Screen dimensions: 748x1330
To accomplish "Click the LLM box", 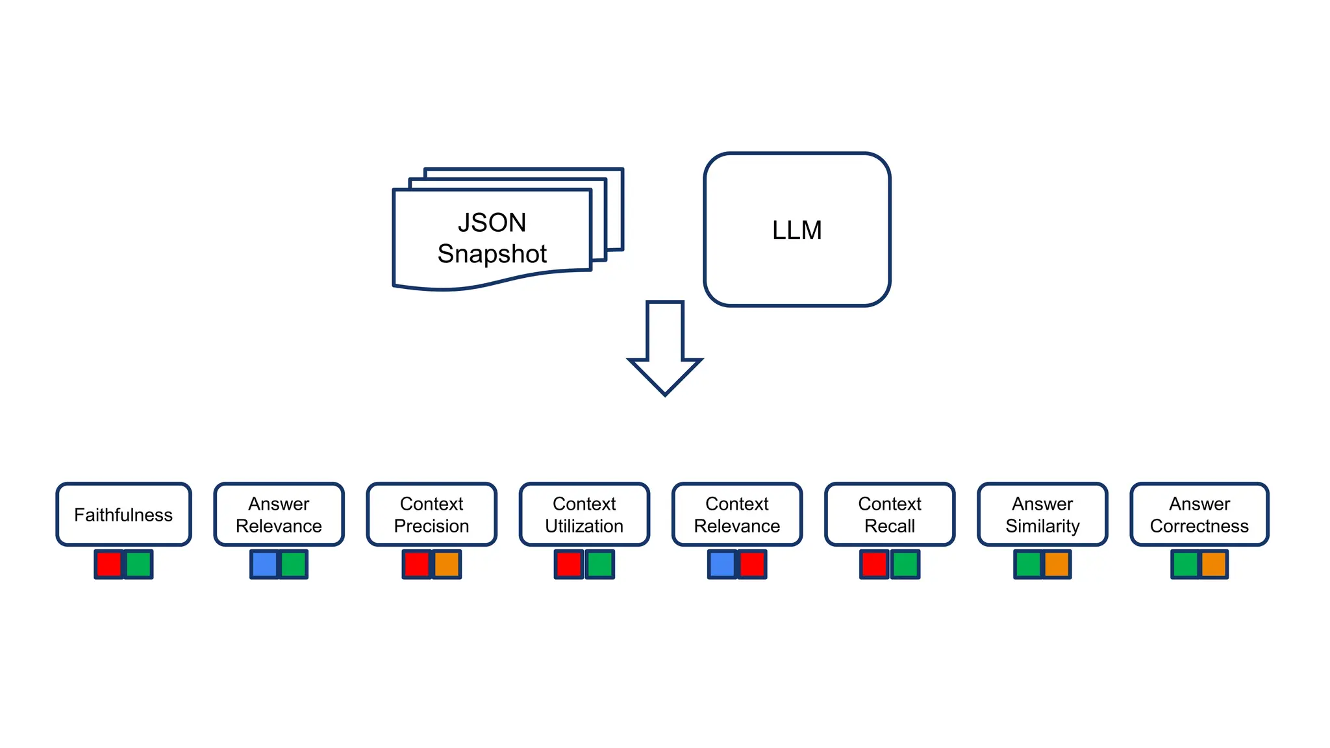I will tap(797, 230).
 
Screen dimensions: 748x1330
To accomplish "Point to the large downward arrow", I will tap(665, 351).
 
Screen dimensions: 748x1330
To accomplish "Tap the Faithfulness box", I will tap(123, 514).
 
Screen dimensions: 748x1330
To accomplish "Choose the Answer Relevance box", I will tap(279, 514).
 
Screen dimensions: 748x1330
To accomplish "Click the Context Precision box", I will tap(431, 514).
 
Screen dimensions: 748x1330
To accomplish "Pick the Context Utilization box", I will tap(584, 514).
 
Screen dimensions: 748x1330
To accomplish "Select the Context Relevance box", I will tap(737, 514).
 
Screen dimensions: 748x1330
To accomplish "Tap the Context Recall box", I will tap(890, 514).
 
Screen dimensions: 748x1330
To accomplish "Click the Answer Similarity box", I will tap(1042, 514).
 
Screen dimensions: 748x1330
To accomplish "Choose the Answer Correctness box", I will tap(1199, 514).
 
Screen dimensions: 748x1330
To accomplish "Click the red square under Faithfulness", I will tap(108, 564).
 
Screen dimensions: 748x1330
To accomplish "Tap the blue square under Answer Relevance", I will tap(264, 564).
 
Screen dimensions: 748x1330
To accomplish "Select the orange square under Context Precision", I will tap(447, 564).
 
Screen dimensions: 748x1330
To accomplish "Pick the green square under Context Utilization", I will tap(599, 564).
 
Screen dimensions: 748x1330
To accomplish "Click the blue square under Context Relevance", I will tap(722, 564).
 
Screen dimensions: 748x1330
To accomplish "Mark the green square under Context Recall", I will tap(905, 564).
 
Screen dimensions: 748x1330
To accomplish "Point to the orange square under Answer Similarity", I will tap(1057, 564).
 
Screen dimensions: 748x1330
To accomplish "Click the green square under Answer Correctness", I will tap(1185, 564).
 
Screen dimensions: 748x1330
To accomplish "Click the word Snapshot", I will tap(492, 254).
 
